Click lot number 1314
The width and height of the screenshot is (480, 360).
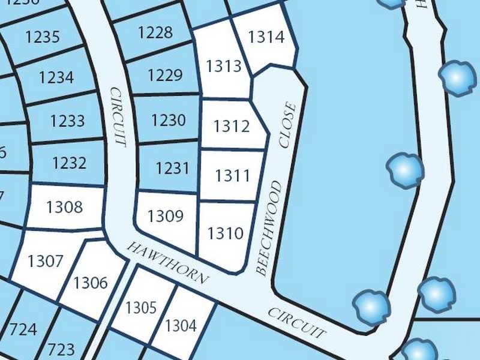pyautogui.click(x=266, y=37)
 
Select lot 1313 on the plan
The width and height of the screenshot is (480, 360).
pyautogui.click(x=224, y=66)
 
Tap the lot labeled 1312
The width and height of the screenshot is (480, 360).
pyautogui.click(x=232, y=127)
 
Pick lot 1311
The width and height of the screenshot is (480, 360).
pyautogui.click(x=232, y=176)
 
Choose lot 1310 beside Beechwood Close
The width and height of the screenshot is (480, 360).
pyautogui.click(x=225, y=233)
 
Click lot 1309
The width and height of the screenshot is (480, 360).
pyautogui.click(x=166, y=215)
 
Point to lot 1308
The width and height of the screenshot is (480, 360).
pyautogui.click(x=64, y=208)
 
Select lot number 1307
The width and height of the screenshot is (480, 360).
pyautogui.click(x=46, y=261)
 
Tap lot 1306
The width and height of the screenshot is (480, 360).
pyautogui.click(x=91, y=283)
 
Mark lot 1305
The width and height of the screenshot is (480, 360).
pyautogui.click(x=141, y=308)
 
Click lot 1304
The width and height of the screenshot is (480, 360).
pyautogui.click(x=181, y=326)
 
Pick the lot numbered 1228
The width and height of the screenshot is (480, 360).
pyautogui.click(x=155, y=32)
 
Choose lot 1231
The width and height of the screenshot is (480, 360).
pyautogui.click(x=172, y=168)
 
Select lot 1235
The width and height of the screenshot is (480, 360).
pyautogui.click(x=43, y=37)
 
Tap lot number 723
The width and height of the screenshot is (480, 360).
pyautogui.click(x=61, y=349)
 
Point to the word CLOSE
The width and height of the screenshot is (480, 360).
pyautogui.click(x=288, y=125)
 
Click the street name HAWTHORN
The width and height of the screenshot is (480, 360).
pyautogui.click(x=168, y=263)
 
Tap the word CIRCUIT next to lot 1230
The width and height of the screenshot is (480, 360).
pyautogui.click(x=118, y=117)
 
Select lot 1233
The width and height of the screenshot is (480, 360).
pyautogui.click(x=67, y=121)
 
